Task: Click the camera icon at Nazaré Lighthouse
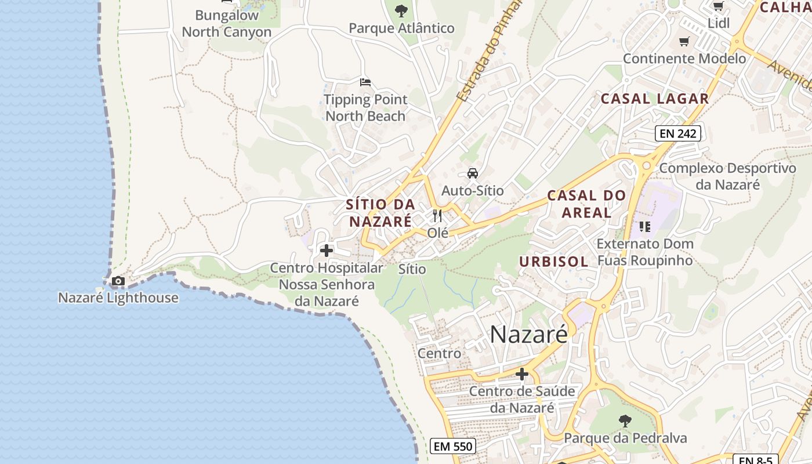[118, 281]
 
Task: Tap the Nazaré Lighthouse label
[118, 298]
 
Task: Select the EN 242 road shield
[678, 133]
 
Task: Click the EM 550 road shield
[454, 446]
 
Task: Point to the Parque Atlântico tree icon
[401, 10]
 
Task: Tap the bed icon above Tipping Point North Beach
[365, 82]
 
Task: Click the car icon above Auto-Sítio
[473, 173]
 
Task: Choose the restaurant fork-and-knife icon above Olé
[437, 216]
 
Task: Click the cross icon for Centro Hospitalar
[327, 251]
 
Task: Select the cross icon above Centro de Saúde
[522, 374]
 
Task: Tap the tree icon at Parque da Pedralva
[625, 420]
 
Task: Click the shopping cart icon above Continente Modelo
[684, 41]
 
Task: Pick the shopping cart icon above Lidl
[718, 6]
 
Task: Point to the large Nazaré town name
[528, 335]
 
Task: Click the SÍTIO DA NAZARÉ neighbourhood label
[380, 212]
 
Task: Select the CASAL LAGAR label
[655, 99]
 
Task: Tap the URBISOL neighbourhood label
[554, 262]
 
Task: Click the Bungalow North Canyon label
[226, 23]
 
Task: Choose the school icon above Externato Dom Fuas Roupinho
[645, 226]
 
